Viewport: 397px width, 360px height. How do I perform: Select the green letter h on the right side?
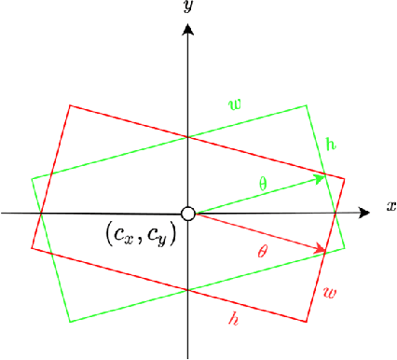pos(332,145)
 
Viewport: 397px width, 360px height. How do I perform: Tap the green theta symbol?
pos(262,184)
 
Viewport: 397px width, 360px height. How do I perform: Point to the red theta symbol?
pos(262,251)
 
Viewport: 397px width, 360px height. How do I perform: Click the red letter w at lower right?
pos(329,293)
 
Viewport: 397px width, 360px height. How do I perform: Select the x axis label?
pos(391,205)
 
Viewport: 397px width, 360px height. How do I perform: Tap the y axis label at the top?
pos(188,7)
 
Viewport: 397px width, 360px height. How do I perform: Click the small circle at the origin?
pos(188,215)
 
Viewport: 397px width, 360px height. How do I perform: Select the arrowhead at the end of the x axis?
pos(366,214)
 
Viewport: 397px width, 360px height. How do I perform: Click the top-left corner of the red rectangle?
pos(70,105)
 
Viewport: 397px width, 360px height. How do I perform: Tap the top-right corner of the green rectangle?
pos(307,105)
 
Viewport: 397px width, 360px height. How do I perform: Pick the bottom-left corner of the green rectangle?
pos(70,322)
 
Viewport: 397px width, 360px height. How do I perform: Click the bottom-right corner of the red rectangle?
pos(307,322)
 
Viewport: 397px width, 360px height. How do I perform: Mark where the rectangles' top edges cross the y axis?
pos(188,137)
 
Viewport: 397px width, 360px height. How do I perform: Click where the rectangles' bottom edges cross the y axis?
pos(188,290)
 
